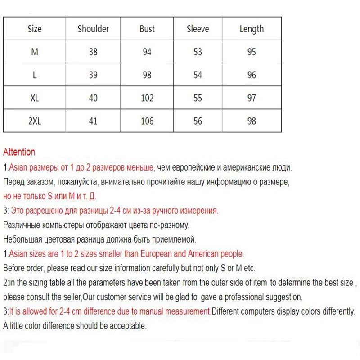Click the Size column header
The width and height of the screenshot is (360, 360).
[35, 29]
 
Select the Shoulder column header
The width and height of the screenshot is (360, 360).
[93, 29]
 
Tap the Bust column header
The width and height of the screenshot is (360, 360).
[147, 29]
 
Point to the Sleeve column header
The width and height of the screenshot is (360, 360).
[198, 29]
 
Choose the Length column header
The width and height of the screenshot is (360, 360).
[252, 29]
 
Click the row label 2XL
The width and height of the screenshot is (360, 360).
[35, 121]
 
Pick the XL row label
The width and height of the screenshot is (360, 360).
[35, 98]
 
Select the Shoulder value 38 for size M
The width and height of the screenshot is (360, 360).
[93, 52]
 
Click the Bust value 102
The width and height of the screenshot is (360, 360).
[147, 98]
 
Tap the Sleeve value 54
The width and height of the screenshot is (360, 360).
[198, 75]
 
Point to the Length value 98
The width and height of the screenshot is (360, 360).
[252, 121]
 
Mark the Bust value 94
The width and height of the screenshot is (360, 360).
[147, 52]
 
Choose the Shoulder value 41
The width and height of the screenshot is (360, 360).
[93, 121]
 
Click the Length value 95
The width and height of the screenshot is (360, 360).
[252, 52]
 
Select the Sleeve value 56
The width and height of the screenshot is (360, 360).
[198, 121]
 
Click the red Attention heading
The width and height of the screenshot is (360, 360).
[19, 152]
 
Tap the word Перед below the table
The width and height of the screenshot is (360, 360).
[14, 182]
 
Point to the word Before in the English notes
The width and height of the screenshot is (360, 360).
[14, 268]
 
